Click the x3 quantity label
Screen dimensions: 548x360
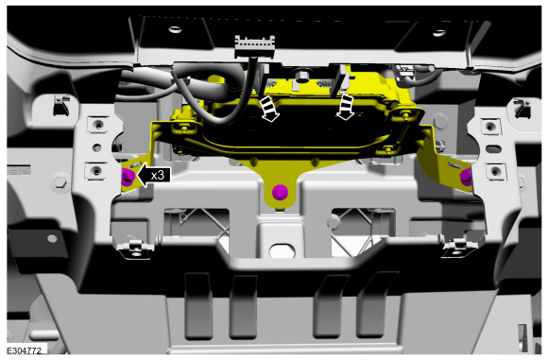click(158, 175)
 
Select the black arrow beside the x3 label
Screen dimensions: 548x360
click(154, 175)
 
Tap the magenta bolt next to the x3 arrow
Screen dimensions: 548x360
click(128, 177)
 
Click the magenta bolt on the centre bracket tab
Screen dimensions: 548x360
click(280, 193)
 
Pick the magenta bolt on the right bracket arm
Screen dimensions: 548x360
click(466, 177)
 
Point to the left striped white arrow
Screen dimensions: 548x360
click(269, 109)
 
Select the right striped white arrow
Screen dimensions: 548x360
click(346, 107)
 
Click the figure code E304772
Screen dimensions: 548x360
click(25, 351)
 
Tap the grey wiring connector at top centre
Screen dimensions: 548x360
click(255, 46)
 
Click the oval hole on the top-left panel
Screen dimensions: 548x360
click(175, 29)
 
